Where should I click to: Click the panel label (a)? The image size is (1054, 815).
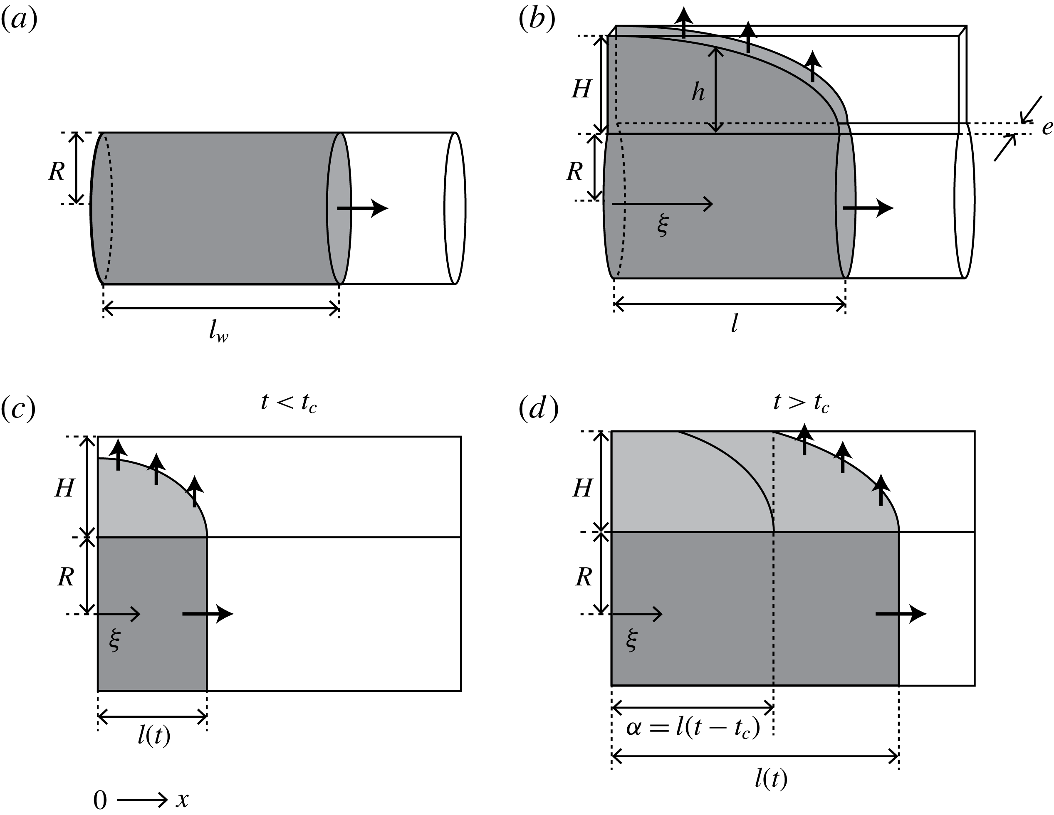coord(19,20)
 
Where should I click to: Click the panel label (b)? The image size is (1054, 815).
coord(537,20)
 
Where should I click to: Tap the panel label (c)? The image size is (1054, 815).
coord(18,409)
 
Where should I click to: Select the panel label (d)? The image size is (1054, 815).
coord(538,409)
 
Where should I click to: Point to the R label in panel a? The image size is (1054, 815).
coord(57,171)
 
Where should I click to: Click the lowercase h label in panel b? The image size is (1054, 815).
coord(698,91)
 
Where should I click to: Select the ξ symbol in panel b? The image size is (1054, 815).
coord(663,225)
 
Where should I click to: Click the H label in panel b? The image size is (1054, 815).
coord(581,89)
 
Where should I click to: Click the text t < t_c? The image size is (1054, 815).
coord(289,403)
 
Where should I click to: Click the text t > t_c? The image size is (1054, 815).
coord(801,403)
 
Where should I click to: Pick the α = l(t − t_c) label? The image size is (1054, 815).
coord(693,728)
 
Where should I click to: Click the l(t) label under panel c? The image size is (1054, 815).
coord(154,736)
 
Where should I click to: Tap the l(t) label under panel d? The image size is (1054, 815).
coord(771,778)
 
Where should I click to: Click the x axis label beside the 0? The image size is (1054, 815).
coord(182,800)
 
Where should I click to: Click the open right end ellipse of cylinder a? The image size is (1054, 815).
coord(455,208)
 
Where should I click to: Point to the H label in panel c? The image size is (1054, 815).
coord(64,488)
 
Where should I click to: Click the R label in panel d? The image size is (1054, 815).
coord(584,577)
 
